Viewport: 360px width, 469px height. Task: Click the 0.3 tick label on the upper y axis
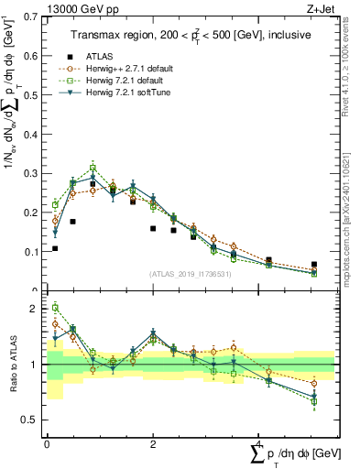33,173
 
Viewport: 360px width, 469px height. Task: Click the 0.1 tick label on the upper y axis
33,251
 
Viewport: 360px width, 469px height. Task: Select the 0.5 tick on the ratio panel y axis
33,420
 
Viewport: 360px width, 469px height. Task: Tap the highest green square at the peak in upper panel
93,168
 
